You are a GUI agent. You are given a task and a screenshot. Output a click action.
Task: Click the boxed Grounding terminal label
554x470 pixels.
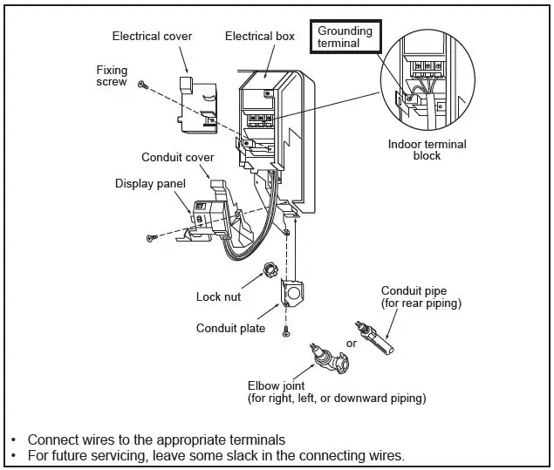coord(345,37)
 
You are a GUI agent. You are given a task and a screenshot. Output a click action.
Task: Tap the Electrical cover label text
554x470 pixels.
coord(152,36)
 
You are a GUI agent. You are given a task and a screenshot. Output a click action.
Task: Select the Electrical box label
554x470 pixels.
coord(260,36)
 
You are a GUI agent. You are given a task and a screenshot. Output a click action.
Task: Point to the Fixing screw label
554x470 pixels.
coord(112,74)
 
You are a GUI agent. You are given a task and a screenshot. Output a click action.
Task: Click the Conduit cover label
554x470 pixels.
coord(177,157)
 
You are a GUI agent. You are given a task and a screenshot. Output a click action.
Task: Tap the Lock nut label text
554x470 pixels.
coord(219,297)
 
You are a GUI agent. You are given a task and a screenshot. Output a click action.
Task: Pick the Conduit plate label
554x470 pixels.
coord(230,329)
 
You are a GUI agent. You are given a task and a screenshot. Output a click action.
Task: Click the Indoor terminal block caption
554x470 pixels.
coord(427,150)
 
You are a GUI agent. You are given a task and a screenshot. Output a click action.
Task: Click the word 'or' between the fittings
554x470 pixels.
coord(352,343)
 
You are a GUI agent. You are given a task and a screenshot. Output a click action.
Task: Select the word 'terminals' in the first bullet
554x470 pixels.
coord(255,439)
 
